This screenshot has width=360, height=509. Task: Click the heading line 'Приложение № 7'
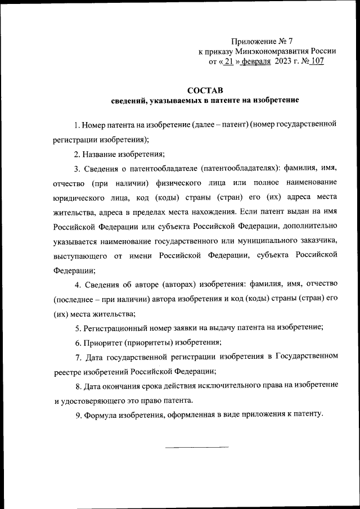[262, 42]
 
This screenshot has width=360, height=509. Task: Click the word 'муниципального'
[252, 241]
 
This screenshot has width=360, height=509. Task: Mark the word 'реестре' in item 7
[68, 371]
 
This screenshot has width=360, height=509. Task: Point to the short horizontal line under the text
[197, 447]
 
